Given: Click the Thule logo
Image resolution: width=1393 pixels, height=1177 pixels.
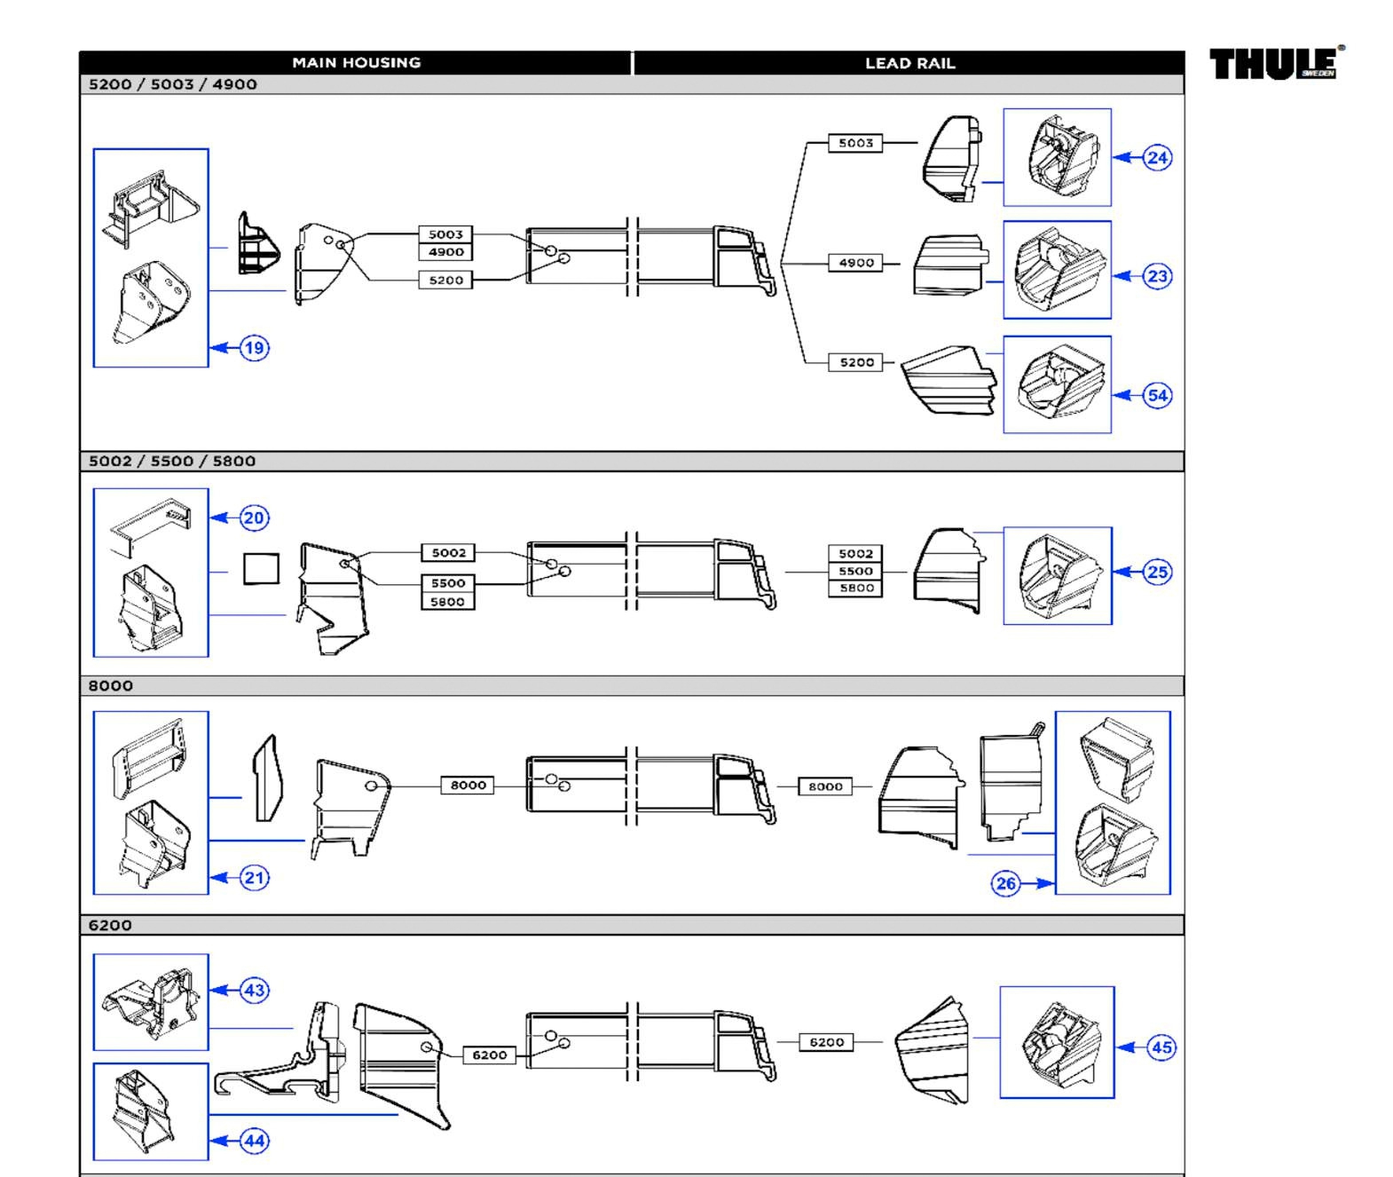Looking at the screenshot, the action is [x=1276, y=63].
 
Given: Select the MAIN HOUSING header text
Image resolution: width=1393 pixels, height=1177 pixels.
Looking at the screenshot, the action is [x=357, y=63].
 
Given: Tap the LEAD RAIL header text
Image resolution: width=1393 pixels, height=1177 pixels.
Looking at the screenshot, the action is [x=910, y=63].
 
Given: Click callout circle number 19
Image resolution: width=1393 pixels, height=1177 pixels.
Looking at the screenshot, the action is [x=254, y=348].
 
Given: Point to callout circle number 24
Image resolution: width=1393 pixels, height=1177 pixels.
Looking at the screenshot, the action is [x=1157, y=158].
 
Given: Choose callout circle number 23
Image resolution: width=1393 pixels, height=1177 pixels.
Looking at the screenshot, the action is [x=1157, y=276].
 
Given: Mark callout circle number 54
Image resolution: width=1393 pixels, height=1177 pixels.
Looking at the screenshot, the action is [x=1157, y=395].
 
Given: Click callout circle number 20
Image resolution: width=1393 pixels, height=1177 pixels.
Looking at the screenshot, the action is [x=254, y=517].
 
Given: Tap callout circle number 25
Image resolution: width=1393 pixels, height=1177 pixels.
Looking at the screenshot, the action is [x=1157, y=572].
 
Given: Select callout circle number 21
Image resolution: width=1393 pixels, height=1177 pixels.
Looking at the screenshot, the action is [x=254, y=877].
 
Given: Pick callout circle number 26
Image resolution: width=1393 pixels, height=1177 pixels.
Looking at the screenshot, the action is [x=1005, y=883].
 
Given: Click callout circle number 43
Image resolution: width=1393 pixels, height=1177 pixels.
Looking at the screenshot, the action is [x=254, y=990].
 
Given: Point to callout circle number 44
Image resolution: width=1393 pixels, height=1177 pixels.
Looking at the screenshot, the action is [x=254, y=1141].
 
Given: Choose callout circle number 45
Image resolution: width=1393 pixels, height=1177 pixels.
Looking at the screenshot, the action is [x=1161, y=1047].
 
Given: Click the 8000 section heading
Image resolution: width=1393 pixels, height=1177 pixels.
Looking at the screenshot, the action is [x=111, y=685].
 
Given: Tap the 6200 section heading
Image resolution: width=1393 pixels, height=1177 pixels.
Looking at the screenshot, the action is [x=110, y=925].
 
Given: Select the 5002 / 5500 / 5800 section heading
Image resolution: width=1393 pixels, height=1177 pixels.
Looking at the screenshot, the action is [x=172, y=461].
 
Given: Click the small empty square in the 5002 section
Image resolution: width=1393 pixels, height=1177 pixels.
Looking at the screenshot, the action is [x=261, y=569].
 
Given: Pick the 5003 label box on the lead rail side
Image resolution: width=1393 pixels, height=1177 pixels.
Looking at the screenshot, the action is [x=855, y=143].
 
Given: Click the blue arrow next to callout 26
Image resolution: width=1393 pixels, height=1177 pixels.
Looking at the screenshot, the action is [x=1037, y=883].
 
